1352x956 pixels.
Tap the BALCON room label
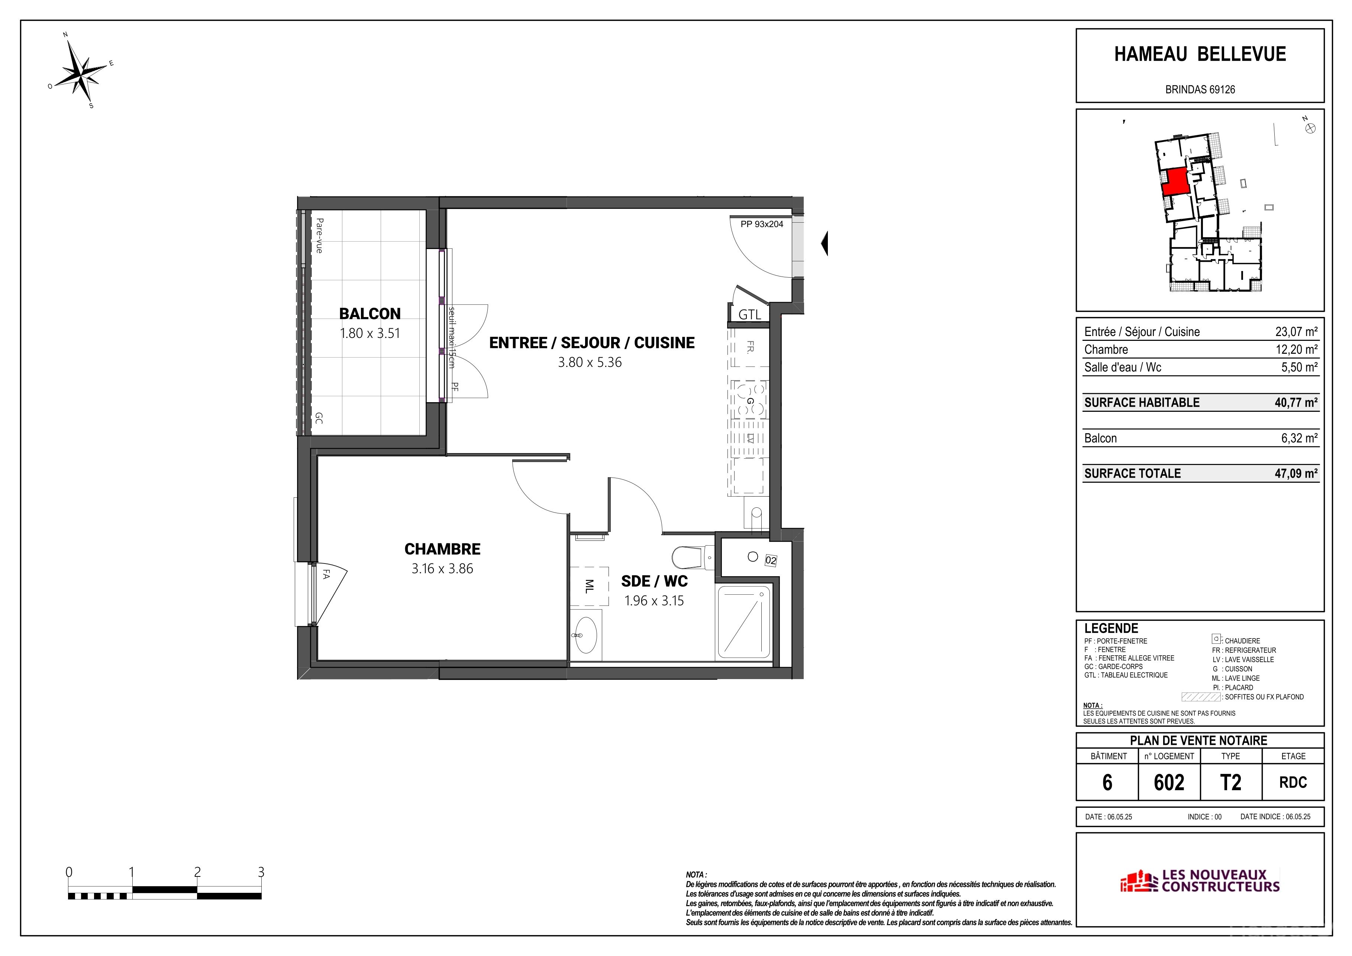point(370,314)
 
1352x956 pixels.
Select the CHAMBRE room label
point(442,549)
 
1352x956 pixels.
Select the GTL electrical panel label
point(750,315)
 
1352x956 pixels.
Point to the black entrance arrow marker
point(825,243)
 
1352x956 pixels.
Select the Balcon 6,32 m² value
point(1299,438)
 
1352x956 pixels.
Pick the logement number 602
point(1169,782)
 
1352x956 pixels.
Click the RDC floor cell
point(1293,782)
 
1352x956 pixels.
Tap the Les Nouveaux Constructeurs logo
point(1200,881)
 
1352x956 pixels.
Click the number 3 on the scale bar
point(261,872)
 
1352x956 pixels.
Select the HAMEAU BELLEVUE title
point(1200,54)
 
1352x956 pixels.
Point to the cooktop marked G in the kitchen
point(750,400)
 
